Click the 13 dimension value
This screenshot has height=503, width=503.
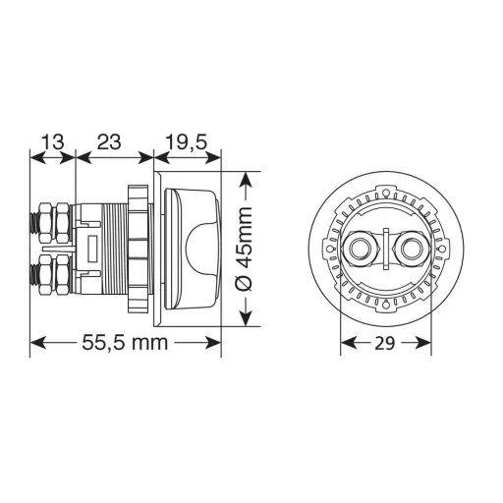(x=52, y=141)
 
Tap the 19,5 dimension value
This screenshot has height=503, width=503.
(x=186, y=141)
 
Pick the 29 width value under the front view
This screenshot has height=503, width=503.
(x=386, y=343)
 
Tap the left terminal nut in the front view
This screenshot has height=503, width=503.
(x=363, y=249)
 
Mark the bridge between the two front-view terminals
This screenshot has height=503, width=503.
(x=386, y=249)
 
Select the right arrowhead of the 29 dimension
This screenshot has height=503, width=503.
(x=426, y=343)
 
